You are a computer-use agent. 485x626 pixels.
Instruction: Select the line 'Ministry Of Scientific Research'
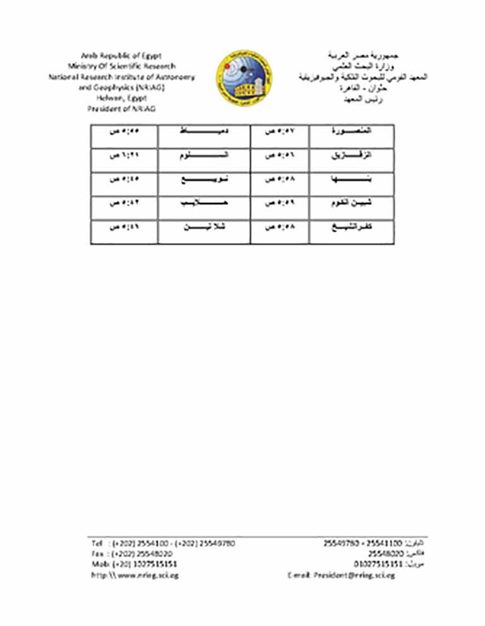click(122, 66)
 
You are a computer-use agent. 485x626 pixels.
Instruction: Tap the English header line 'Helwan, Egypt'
click(122, 98)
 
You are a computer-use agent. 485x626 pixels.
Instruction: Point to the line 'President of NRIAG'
click(122, 108)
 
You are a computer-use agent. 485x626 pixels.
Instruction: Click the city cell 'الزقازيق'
click(352, 155)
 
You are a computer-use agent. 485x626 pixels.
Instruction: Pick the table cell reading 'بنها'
click(352, 179)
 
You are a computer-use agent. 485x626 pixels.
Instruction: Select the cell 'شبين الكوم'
click(352, 203)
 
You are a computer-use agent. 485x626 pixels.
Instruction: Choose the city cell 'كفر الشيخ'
click(352, 228)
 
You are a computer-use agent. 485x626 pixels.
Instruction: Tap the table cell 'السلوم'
click(203, 155)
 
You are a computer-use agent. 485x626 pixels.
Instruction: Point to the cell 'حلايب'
click(203, 203)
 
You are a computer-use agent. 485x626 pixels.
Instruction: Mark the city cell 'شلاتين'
click(203, 228)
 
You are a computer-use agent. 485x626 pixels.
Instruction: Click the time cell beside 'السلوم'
click(124, 155)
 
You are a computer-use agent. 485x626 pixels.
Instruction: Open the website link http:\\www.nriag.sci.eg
click(135, 576)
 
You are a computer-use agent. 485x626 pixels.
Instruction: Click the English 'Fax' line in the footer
click(132, 554)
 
